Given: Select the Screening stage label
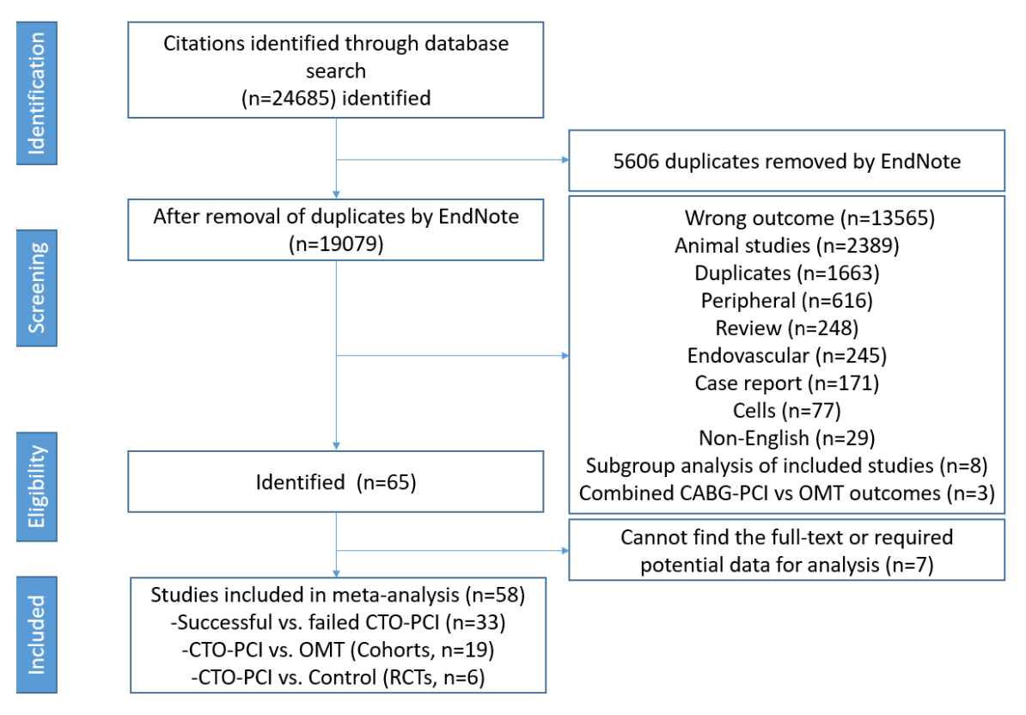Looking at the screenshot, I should click(x=36, y=288).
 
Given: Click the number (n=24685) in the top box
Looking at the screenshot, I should click(x=290, y=98).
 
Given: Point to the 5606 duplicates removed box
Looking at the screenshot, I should click(x=785, y=161).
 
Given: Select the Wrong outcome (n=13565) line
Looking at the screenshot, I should click(x=785, y=218).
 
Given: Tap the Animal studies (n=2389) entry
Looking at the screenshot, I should click(x=785, y=246).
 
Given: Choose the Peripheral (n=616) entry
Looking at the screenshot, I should click(x=785, y=301).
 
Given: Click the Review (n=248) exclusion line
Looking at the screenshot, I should click(x=785, y=328).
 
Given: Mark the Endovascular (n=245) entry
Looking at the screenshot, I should click(x=785, y=355).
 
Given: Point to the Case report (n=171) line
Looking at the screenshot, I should click(x=785, y=382).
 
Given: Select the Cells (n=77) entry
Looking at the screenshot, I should click(x=785, y=410).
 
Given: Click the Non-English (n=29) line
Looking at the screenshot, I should click(x=785, y=438).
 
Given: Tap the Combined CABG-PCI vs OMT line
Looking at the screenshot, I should click(x=785, y=493).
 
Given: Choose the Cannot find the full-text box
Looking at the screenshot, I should click(x=785, y=549).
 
